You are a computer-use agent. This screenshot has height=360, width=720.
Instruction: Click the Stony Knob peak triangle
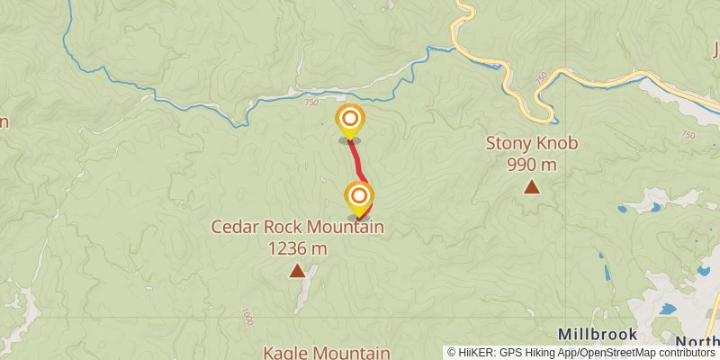(532, 187)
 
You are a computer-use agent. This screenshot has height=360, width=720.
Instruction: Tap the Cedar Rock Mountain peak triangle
(297, 270)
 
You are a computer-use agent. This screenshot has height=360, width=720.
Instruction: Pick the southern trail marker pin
(359, 196)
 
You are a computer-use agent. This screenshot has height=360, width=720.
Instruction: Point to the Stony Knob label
(531, 143)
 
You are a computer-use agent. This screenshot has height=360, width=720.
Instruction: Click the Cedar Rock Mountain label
(297, 227)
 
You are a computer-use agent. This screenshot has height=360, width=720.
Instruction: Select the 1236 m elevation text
(297, 248)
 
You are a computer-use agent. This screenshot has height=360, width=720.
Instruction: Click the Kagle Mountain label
(327, 353)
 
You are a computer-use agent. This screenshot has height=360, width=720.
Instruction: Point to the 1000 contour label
(247, 317)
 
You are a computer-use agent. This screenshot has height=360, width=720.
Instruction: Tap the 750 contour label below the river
(311, 103)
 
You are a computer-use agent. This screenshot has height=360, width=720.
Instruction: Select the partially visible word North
(700, 341)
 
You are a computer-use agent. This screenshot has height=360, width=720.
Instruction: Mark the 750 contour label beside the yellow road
(540, 79)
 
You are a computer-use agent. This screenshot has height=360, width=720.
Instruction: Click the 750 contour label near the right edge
(688, 135)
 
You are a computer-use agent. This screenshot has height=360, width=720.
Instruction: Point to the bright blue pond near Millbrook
(667, 309)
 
